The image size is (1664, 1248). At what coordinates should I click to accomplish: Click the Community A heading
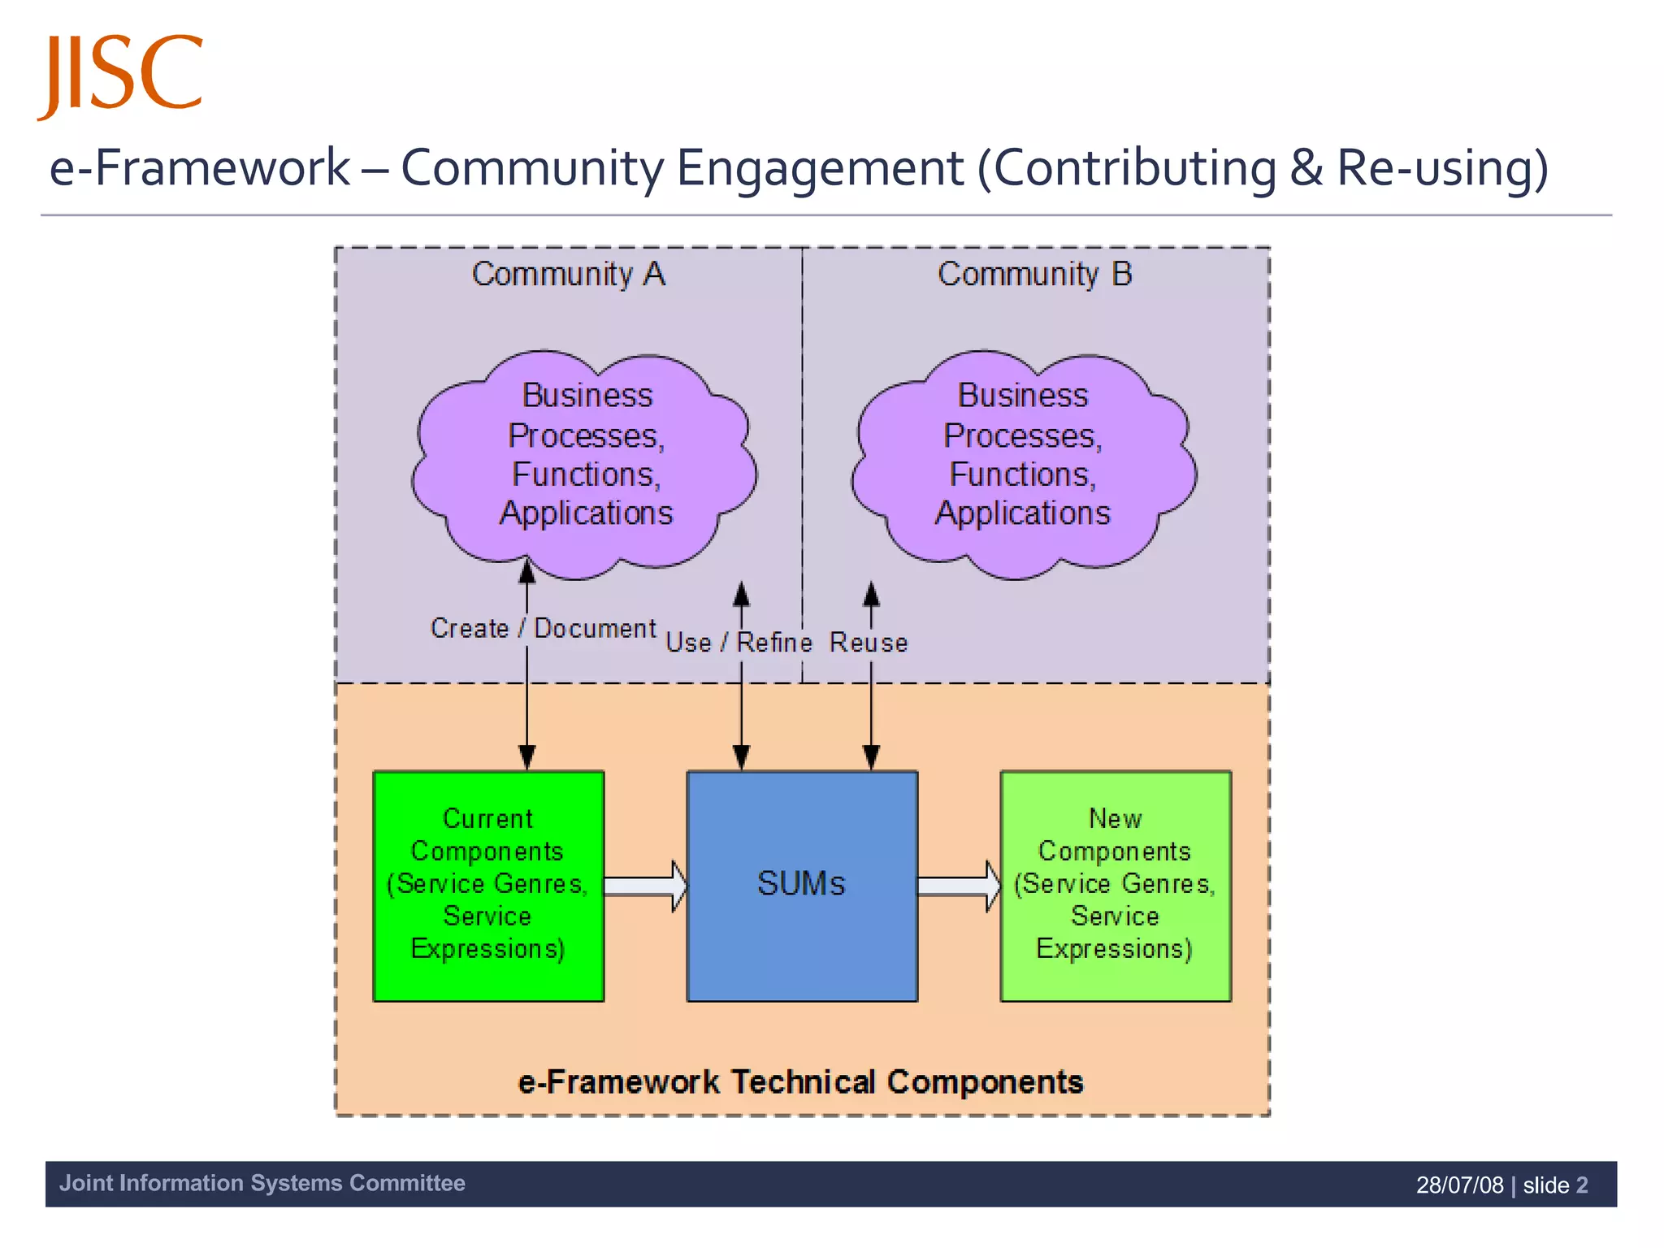pos(569,275)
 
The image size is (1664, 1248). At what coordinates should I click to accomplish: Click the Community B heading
pos(1034,275)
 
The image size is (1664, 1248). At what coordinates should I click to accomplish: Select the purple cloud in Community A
pos(585,463)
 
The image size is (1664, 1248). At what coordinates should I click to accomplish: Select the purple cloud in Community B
pos(1022,463)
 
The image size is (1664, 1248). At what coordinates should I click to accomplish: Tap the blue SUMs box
pos(802,885)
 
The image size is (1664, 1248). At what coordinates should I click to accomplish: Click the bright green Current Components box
pos(487,885)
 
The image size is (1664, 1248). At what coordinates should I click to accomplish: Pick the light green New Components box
pos(1115,885)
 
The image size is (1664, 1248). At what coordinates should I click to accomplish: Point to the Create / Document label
pos(543,629)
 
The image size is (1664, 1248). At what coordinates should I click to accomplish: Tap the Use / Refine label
pos(739,643)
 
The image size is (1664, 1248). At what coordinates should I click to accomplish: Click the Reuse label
pos(868,643)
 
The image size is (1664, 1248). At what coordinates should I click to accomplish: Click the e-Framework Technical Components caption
pos(800,1082)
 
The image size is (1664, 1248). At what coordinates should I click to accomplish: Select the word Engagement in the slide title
pos(819,168)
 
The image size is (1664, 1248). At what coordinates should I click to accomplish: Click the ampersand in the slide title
pos(1306,168)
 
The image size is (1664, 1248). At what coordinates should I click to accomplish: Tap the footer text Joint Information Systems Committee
pos(262,1183)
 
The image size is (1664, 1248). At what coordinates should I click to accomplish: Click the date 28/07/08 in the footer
pos(1459,1185)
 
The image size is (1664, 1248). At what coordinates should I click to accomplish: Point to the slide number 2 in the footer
pos(1581,1185)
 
